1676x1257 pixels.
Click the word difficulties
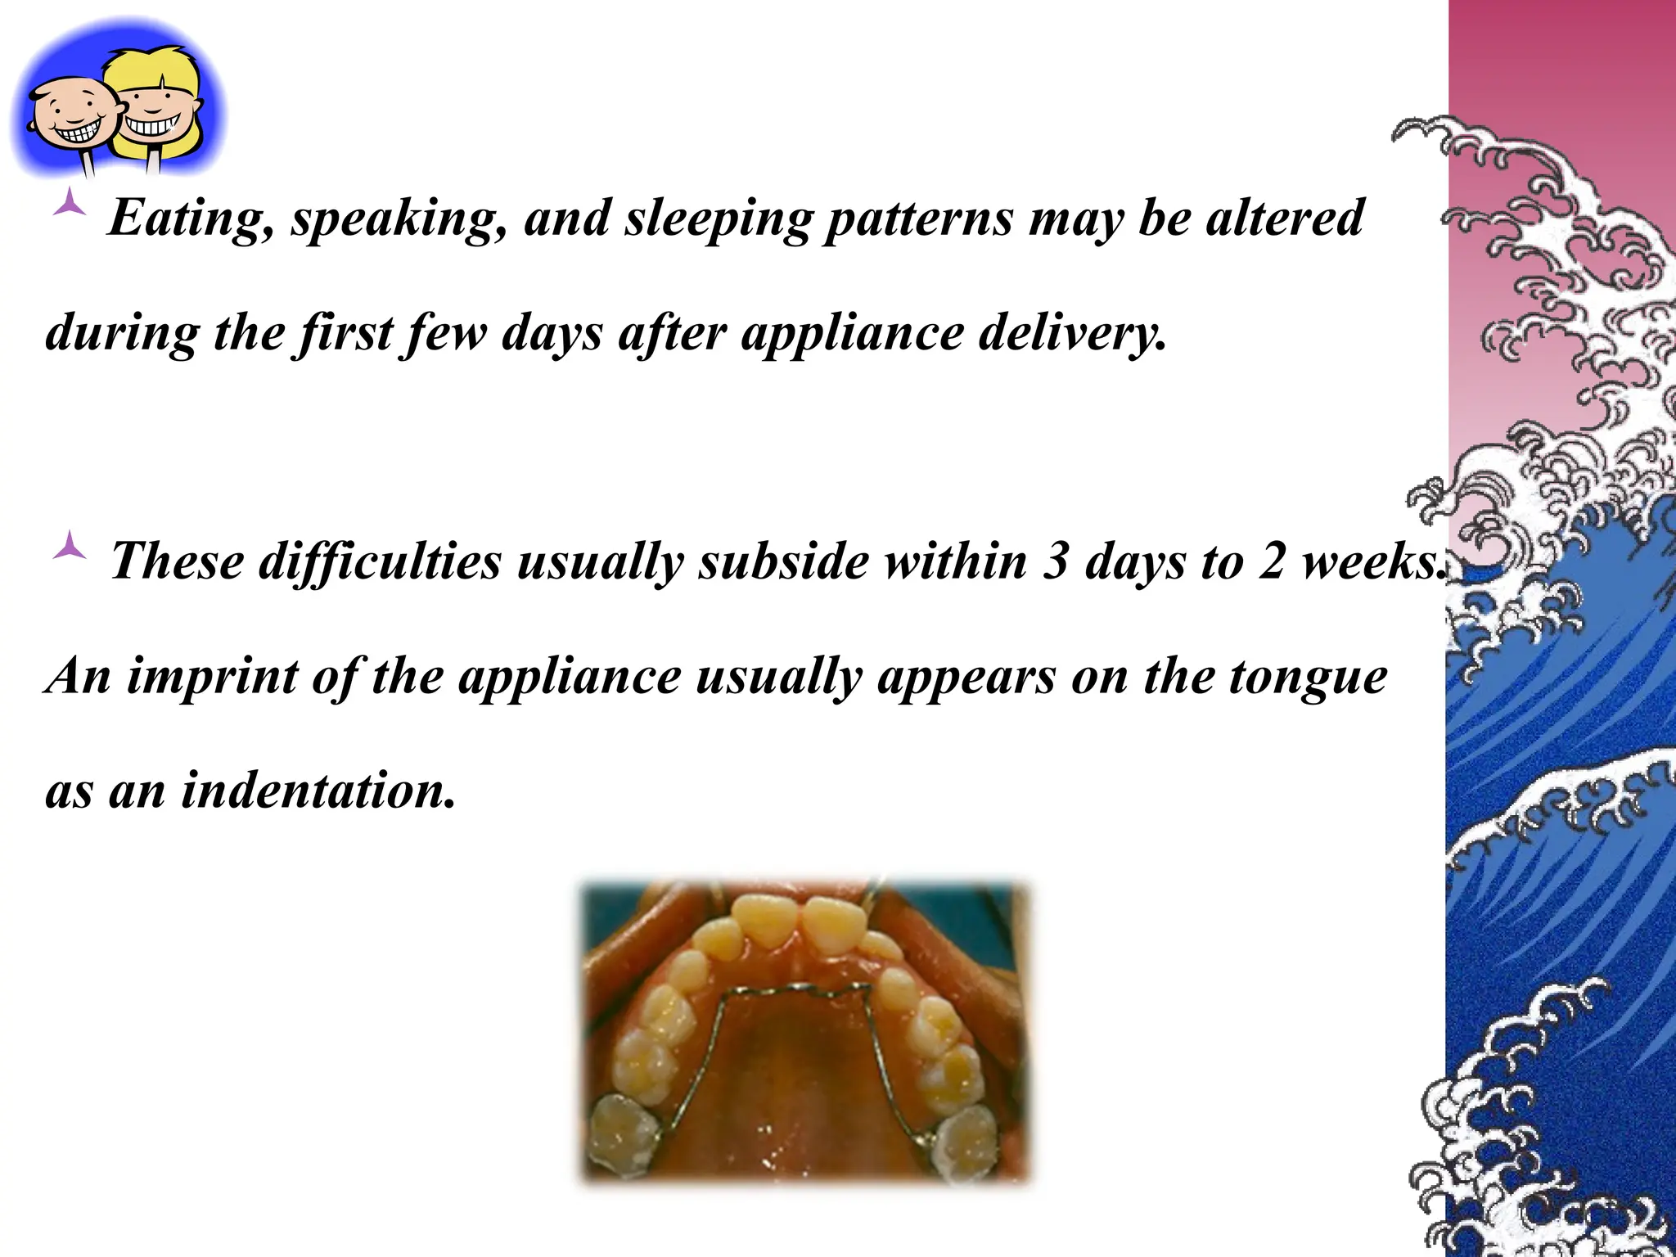pos(380,563)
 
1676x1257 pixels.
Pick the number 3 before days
pos(1056,563)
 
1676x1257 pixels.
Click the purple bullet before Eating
pos(69,204)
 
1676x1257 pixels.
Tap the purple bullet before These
pos(69,546)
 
